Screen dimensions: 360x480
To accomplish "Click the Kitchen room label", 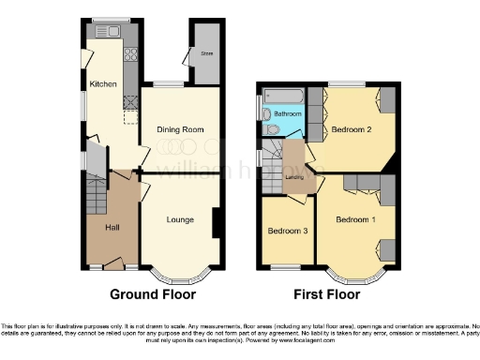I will click(x=103, y=84).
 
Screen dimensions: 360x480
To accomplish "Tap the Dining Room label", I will click(x=179, y=128).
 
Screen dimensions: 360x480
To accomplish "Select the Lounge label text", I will click(x=180, y=220).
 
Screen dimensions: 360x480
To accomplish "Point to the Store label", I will click(x=206, y=54).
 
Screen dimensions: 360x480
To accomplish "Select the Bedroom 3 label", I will click(x=285, y=231).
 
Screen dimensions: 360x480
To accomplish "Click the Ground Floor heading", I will click(x=154, y=294).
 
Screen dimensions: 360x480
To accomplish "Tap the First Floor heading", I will click(x=328, y=294).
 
